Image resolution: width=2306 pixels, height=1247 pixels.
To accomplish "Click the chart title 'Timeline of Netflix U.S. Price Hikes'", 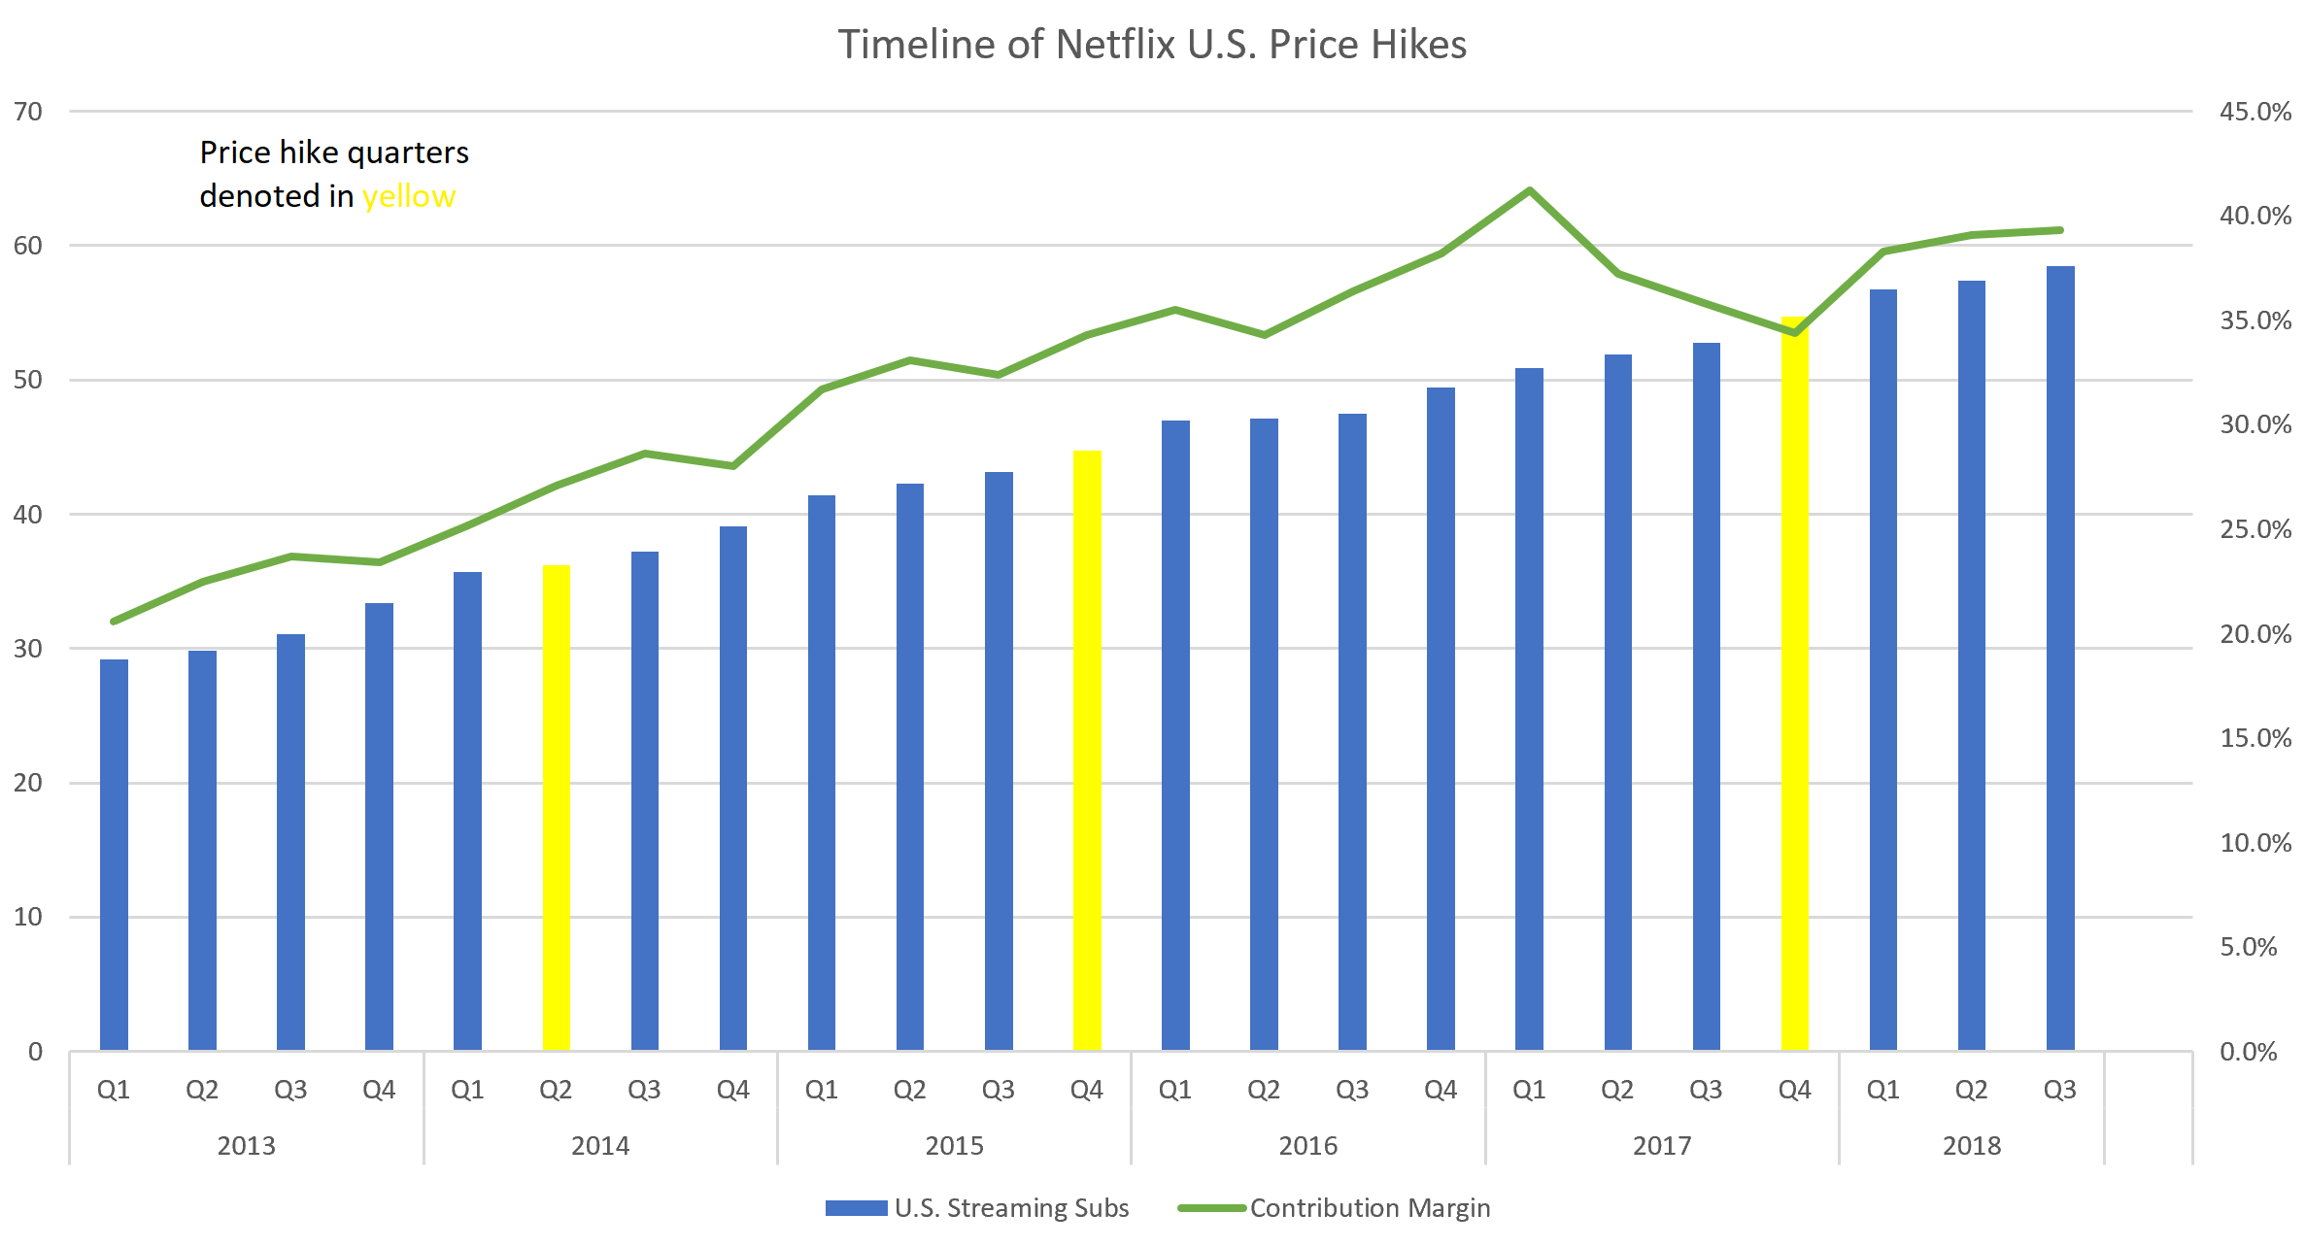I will (x=1152, y=45).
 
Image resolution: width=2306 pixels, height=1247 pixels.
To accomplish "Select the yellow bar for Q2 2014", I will (x=557, y=806).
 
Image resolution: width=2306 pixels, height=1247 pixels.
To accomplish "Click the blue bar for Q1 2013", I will (x=114, y=855).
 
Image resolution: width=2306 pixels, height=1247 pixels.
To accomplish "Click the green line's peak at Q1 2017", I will (x=1530, y=190).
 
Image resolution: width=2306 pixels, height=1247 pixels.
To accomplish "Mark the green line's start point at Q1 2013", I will (x=114, y=622).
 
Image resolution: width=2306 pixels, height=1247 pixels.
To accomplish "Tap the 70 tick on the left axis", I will (x=28, y=112).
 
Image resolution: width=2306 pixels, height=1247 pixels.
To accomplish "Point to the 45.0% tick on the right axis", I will (x=2255, y=112).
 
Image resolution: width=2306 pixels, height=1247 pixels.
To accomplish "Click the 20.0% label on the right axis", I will (x=2255, y=634).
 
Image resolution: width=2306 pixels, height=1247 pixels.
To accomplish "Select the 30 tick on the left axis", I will (x=28, y=649).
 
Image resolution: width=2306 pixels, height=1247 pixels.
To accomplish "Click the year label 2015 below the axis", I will (x=954, y=1146).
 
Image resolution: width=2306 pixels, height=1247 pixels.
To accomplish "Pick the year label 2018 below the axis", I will (x=1971, y=1146).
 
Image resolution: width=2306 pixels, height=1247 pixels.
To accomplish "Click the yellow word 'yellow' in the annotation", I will (x=408, y=197).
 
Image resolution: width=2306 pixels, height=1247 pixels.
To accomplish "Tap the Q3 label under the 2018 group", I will (x=2060, y=1090).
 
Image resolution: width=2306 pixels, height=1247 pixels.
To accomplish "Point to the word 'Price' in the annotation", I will (x=235, y=152).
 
